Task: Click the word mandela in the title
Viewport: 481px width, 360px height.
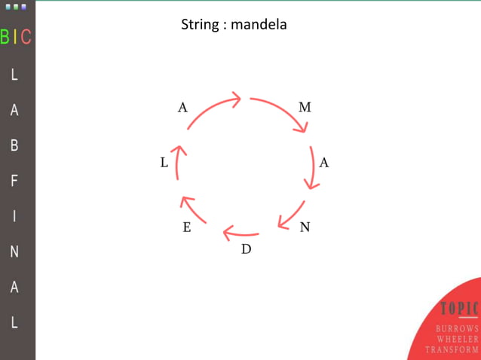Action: click(x=259, y=25)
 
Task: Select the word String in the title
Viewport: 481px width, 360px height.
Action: click(x=200, y=25)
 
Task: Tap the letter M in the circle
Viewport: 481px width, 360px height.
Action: click(x=305, y=108)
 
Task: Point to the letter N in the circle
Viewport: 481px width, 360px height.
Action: click(x=305, y=227)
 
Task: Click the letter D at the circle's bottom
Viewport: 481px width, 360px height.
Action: click(x=246, y=249)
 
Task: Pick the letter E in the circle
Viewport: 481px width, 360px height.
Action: click(x=187, y=227)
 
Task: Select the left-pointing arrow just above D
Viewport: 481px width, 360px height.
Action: click(x=241, y=232)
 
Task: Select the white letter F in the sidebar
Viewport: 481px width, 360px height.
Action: click(x=14, y=181)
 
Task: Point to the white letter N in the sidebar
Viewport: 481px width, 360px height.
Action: click(x=14, y=252)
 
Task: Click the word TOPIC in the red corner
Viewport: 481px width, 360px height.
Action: click(x=460, y=309)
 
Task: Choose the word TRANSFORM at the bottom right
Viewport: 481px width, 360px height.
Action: click(x=452, y=349)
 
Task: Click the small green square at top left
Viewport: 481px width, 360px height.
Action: click(x=15, y=6)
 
